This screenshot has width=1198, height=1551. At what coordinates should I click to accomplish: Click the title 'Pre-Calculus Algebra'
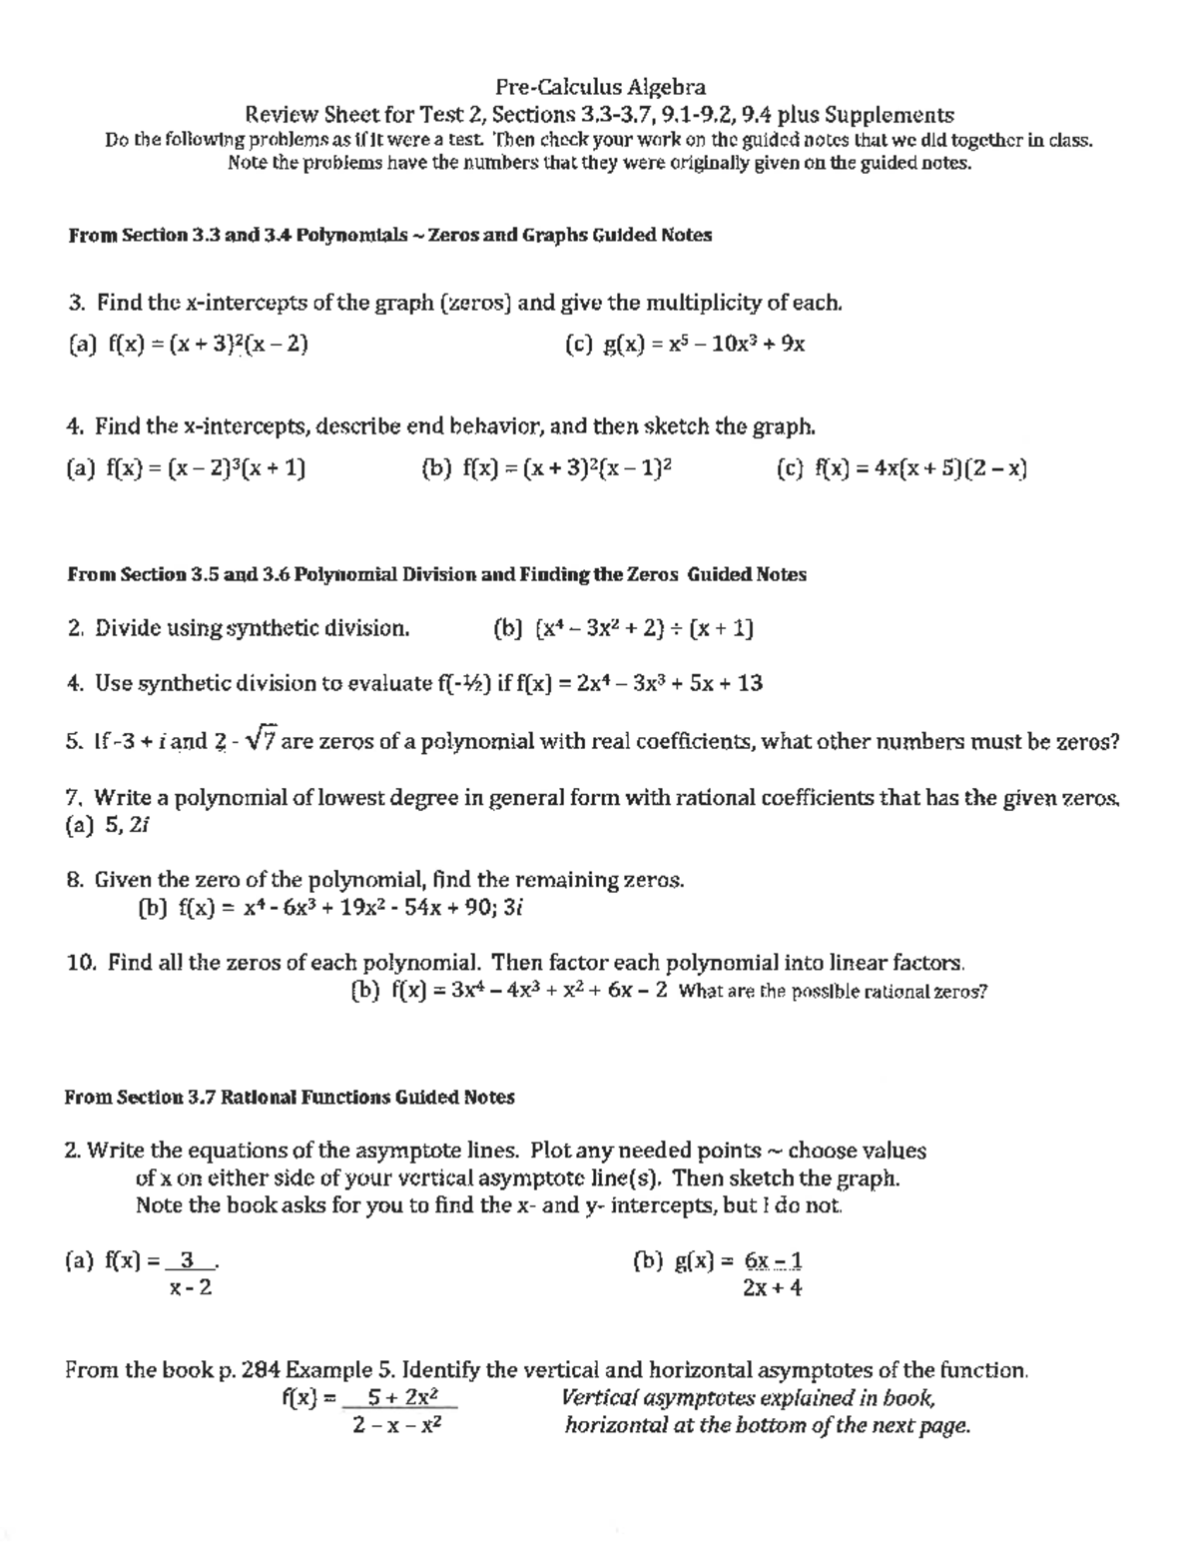point(600,88)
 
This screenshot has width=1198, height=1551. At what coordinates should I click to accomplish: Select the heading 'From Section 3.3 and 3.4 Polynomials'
point(238,236)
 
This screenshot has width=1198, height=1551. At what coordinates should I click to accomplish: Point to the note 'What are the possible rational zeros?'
point(832,992)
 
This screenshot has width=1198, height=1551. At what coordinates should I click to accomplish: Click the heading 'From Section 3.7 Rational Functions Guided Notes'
point(290,1098)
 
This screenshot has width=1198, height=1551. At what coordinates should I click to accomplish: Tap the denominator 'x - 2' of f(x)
point(191,1287)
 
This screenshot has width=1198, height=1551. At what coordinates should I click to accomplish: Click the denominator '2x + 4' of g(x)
point(773,1288)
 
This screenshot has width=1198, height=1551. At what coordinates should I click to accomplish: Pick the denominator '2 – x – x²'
point(397,1425)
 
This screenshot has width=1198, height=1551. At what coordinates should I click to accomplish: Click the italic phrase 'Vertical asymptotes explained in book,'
point(749,1398)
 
